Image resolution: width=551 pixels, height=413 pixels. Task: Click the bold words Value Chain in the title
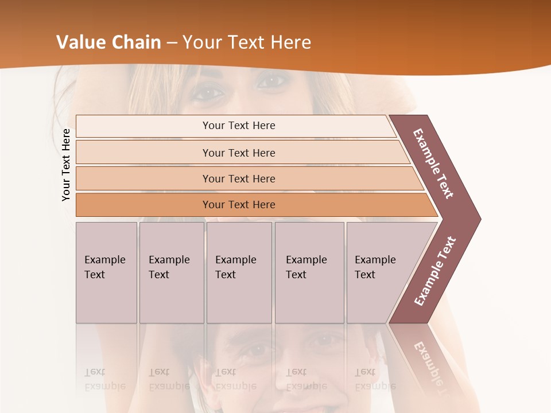108,42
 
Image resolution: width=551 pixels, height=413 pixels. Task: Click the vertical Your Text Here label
66,165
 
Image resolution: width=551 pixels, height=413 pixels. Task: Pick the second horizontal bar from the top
239,153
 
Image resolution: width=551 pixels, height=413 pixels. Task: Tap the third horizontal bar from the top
239,178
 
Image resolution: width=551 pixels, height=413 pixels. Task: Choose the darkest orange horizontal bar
239,205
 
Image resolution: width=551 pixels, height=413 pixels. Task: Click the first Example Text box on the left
106,272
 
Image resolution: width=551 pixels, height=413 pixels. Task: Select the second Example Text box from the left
172,272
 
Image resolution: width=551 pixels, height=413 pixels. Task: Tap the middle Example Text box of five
239,272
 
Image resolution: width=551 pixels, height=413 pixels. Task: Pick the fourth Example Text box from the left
309,272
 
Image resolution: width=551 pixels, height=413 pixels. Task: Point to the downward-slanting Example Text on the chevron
433,163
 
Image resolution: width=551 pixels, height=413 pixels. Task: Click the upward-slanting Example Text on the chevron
435,271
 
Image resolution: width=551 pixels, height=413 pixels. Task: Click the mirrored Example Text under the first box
104,379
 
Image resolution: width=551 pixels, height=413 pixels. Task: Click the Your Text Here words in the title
247,42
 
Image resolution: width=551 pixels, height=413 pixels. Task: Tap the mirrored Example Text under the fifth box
375,379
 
